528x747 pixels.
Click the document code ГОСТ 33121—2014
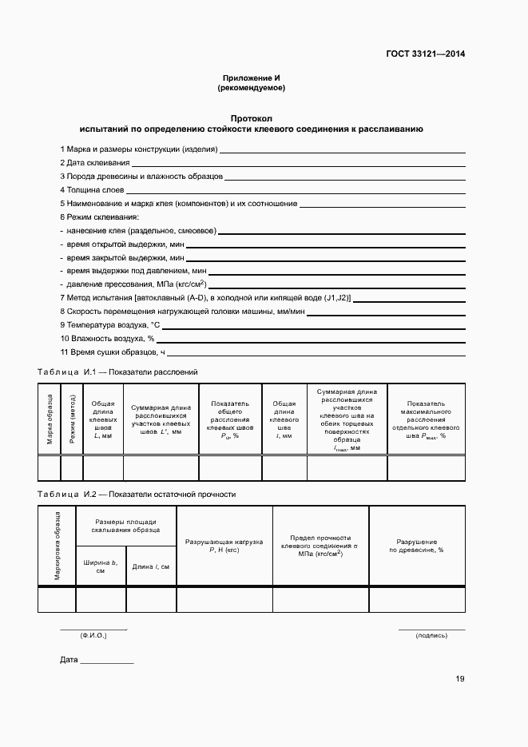tap(425, 54)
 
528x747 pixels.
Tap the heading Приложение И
tap(252, 78)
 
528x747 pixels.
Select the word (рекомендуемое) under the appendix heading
tap(252, 88)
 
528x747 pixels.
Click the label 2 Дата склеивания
tap(94, 162)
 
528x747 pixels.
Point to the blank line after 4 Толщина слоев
tap(296, 191)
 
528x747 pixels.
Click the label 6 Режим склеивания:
tap(99, 217)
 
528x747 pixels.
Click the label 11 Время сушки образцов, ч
tap(113, 352)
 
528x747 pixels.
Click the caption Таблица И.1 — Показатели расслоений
tap(117, 372)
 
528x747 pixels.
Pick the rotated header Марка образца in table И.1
tap(50, 419)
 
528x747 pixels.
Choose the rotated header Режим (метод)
tap(72, 419)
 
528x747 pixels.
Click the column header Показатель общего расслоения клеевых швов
tap(230, 419)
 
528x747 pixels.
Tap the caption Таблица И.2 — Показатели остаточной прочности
tap(137, 495)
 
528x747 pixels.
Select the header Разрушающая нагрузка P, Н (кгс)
tap(224, 546)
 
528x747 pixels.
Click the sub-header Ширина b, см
tap(101, 566)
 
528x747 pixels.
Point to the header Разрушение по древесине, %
tap(416, 546)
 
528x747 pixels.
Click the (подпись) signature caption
tap(431, 636)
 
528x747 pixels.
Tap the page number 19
tap(459, 679)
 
